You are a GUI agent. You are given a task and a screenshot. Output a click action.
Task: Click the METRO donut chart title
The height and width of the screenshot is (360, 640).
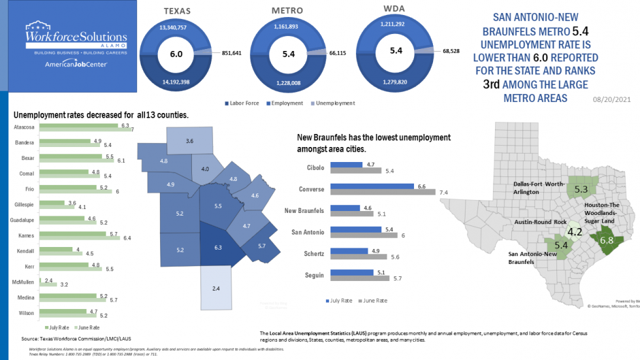pyautogui.click(x=287, y=11)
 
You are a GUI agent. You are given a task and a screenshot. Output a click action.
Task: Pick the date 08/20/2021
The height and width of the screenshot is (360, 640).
pyautogui.click(x=612, y=100)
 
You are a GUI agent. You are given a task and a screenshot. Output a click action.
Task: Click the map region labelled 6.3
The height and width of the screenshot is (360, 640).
pyautogui.click(x=218, y=248)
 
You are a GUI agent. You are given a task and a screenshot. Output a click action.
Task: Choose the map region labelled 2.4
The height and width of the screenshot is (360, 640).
pyautogui.click(x=216, y=288)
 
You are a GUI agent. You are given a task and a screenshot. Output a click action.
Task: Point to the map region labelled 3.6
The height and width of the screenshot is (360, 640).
pyautogui.click(x=189, y=141)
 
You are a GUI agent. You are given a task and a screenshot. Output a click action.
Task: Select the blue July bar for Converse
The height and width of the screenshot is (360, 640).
pyautogui.click(x=372, y=186)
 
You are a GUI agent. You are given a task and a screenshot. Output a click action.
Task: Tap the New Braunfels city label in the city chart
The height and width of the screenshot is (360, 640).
pyautogui.click(x=306, y=210)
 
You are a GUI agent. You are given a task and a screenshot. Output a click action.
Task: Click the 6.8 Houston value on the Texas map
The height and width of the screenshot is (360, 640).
pyautogui.click(x=607, y=240)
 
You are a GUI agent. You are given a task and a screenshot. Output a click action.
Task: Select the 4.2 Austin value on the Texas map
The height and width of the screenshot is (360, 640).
pyautogui.click(x=575, y=232)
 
